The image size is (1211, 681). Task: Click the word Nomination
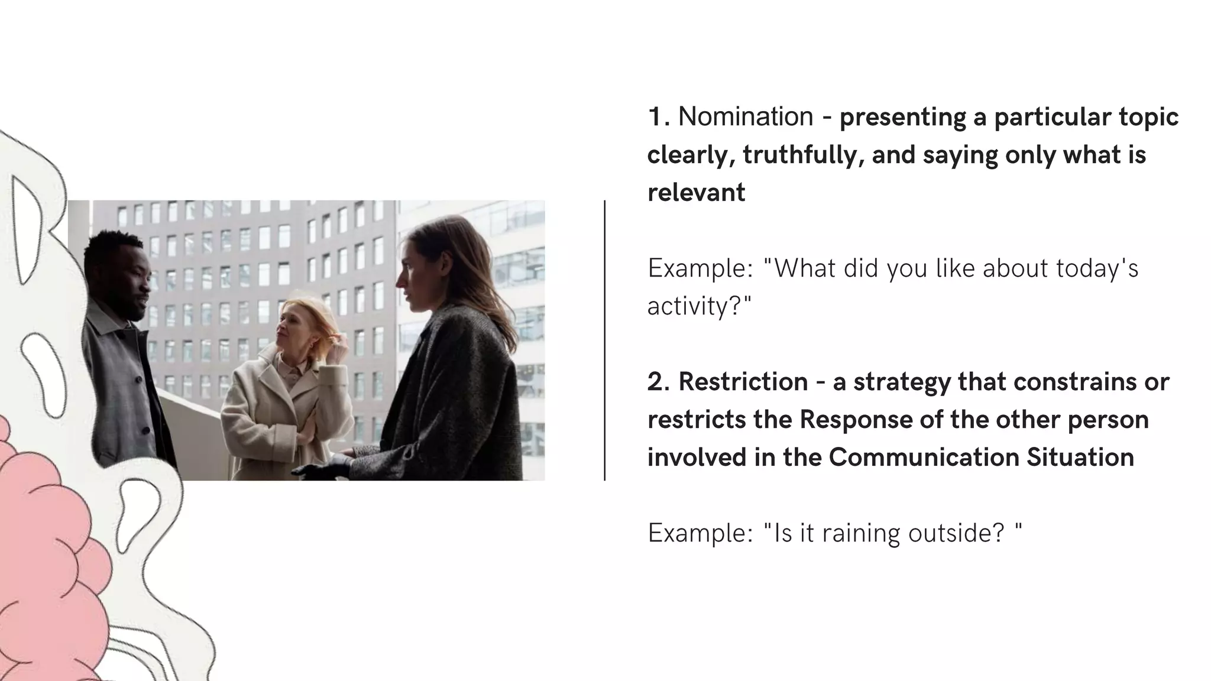pos(745,117)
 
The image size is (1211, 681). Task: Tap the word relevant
pos(696,193)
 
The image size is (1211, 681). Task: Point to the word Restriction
pos(743,382)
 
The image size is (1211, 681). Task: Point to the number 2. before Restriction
pos(658,382)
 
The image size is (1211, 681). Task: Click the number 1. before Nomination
pos(658,117)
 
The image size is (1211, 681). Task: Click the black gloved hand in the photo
pos(319,469)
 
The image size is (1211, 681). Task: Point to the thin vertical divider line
pos(604,340)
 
